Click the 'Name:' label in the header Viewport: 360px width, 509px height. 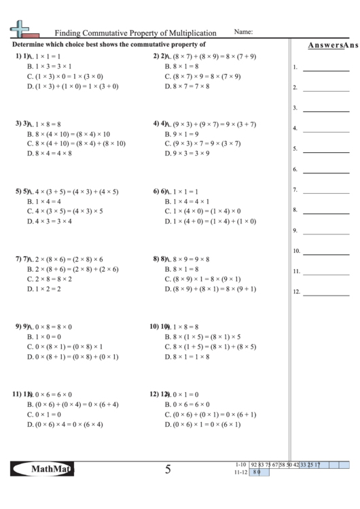point(243,32)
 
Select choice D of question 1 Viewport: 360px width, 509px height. point(73,87)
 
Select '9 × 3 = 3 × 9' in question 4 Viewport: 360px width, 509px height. point(187,154)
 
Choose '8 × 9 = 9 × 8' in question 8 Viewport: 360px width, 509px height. point(187,259)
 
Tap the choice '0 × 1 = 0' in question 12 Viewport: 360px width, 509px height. point(181,394)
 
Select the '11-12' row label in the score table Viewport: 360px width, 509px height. point(239,471)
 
